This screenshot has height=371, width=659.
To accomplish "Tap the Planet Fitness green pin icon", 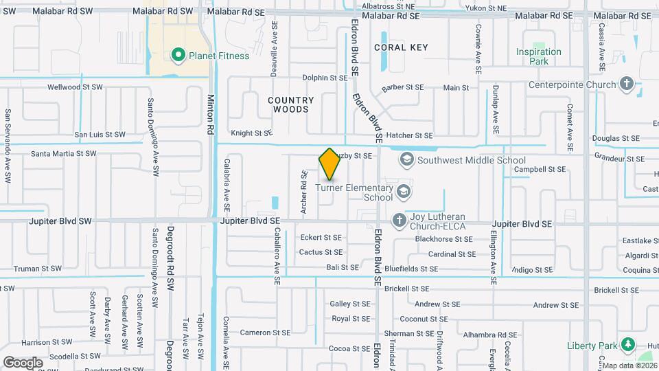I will click(x=178, y=55).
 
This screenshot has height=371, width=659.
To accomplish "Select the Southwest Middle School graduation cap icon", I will click(x=406, y=160).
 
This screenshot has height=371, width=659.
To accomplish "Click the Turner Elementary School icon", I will click(x=404, y=191).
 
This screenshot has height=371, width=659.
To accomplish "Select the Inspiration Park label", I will click(x=539, y=56).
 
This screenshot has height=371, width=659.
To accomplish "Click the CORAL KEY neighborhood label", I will click(x=401, y=47).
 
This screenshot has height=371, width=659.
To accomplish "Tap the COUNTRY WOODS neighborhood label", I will click(x=291, y=104).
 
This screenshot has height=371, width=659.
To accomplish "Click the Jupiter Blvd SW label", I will click(x=60, y=222).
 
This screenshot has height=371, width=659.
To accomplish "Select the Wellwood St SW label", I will click(x=75, y=87).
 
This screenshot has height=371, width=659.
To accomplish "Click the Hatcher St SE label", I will click(x=409, y=136).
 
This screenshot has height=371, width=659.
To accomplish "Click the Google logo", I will click(x=23, y=362).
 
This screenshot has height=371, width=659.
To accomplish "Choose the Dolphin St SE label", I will click(x=325, y=78).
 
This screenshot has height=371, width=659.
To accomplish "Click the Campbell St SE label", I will click(x=540, y=169).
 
